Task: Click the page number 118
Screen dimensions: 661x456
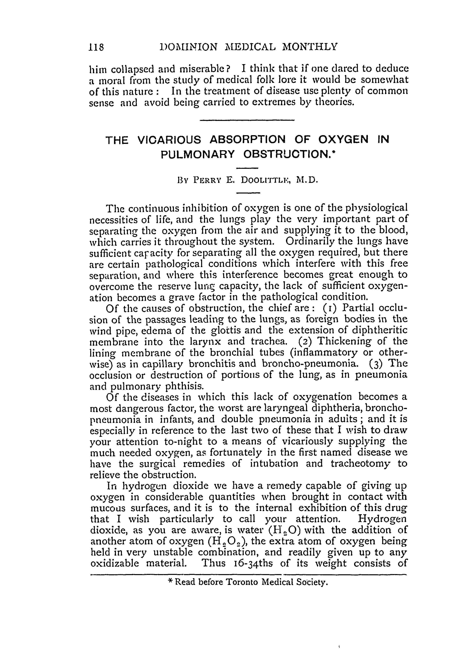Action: (96, 47)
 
